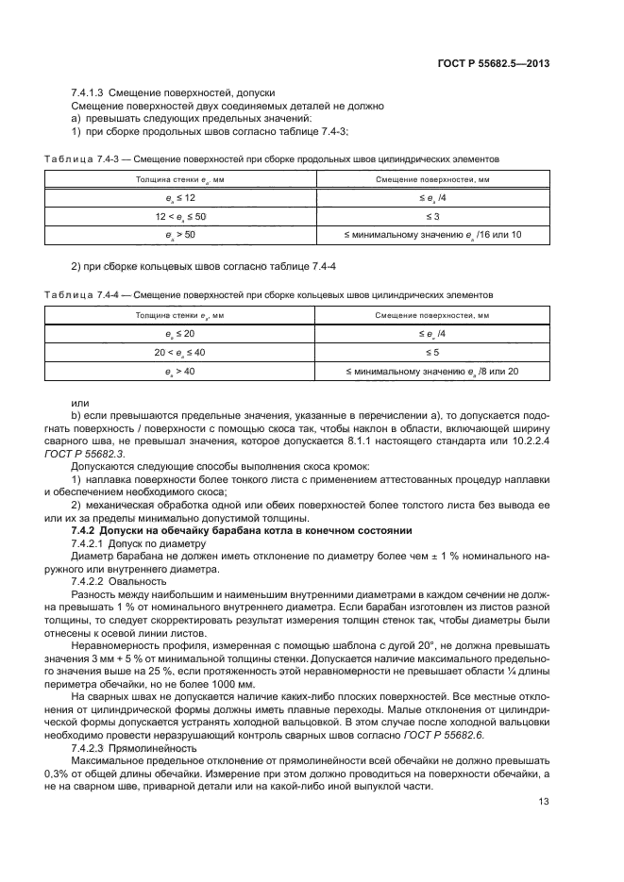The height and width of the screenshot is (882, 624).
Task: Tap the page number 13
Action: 543,802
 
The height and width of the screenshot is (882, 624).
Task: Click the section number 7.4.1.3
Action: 88,94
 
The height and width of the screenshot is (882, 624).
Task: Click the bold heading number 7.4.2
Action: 88,531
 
